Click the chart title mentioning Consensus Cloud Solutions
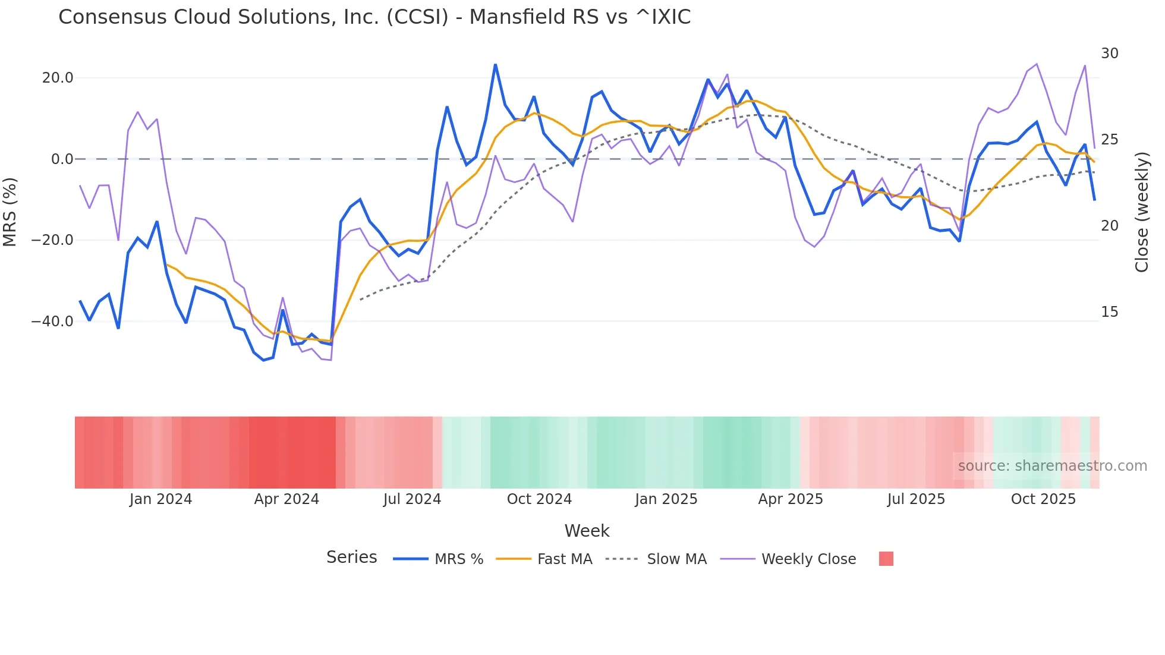(374, 17)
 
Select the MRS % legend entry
(458, 559)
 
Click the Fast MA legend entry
(564, 559)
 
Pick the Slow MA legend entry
(676, 559)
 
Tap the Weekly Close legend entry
(808, 559)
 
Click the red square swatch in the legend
(886, 559)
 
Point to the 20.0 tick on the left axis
(58, 78)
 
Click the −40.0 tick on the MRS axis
(52, 322)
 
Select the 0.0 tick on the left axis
(62, 159)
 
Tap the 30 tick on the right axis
(1109, 53)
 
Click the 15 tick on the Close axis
(1109, 312)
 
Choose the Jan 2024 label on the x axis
(160, 499)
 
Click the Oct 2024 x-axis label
(539, 499)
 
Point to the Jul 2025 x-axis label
(916, 499)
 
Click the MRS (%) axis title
(10, 212)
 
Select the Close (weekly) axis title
(1141, 212)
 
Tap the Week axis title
(587, 531)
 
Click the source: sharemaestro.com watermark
(1052, 466)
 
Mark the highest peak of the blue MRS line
(495, 65)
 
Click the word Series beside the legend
(351, 558)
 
